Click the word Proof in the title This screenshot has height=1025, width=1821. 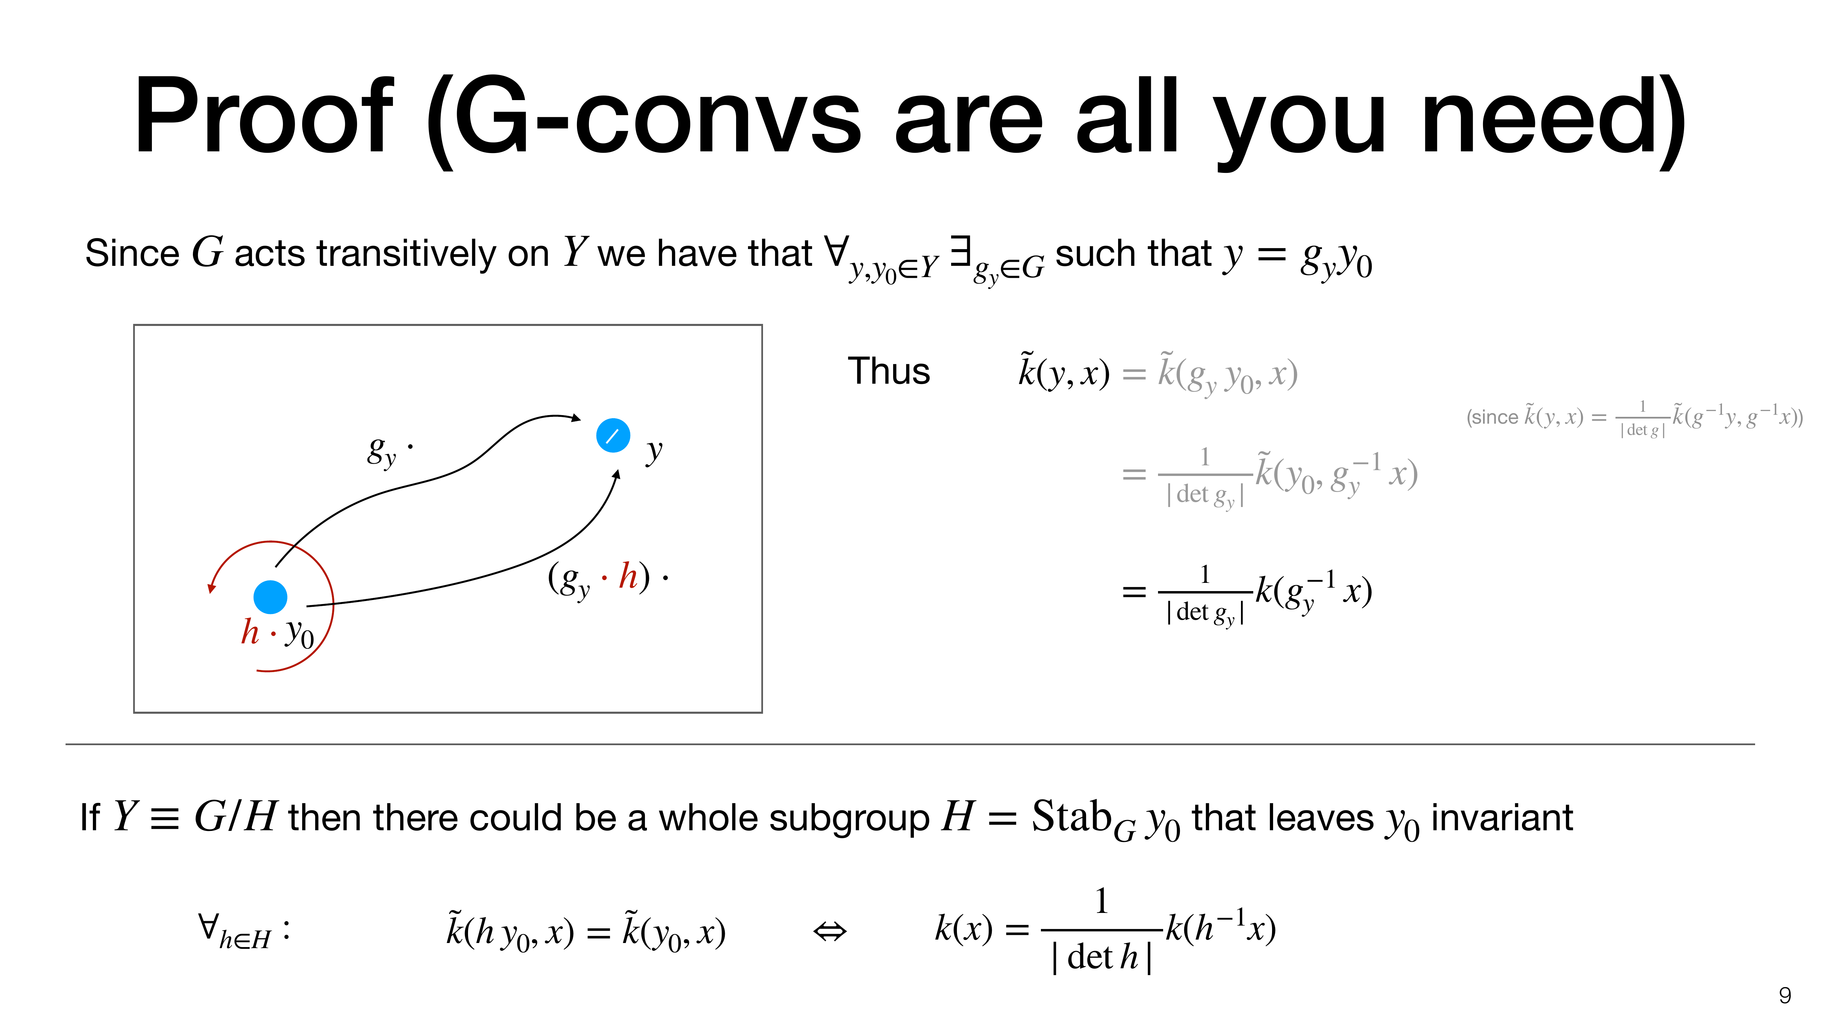point(263,116)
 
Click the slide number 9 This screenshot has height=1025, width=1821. point(1784,995)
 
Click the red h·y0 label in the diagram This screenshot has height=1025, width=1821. point(277,632)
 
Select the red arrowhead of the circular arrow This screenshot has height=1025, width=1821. point(211,587)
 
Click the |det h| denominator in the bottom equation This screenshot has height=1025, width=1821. point(1101,957)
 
